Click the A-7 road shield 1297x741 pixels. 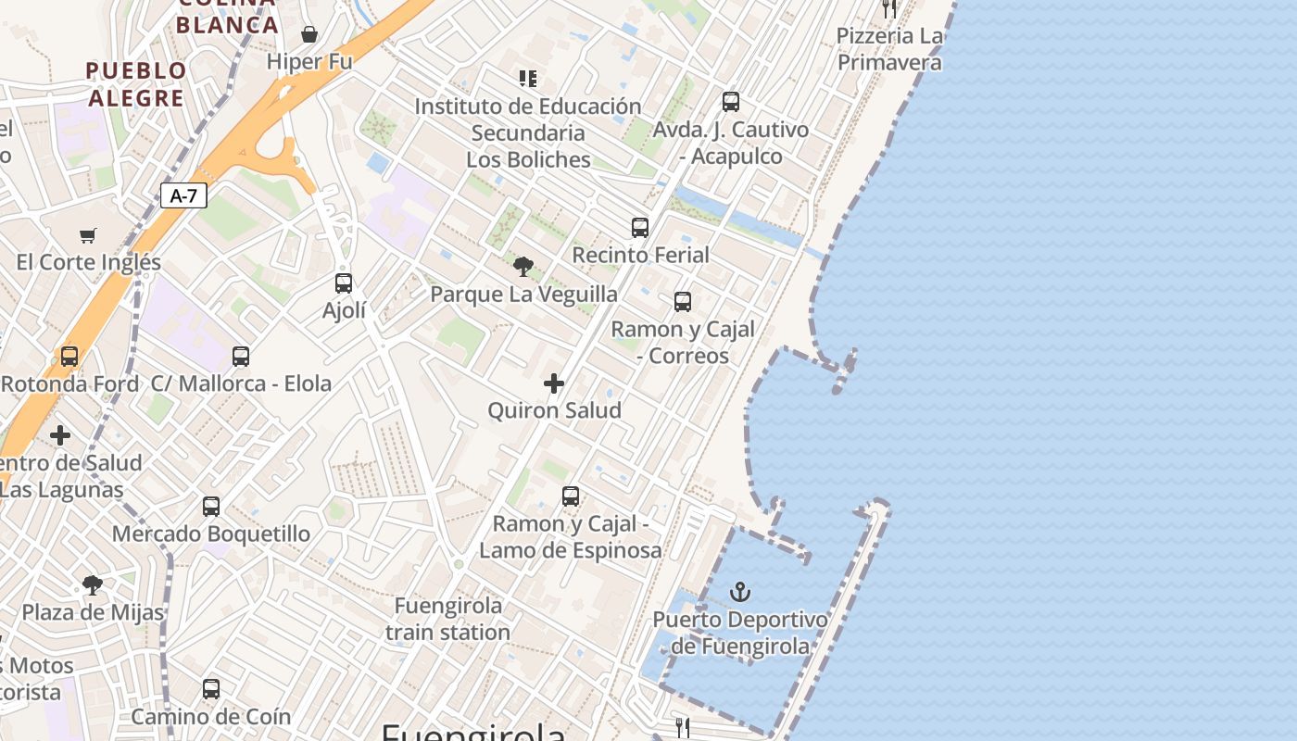point(183,195)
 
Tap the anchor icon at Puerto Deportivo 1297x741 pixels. point(739,592)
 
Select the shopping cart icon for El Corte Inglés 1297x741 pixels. point(88,235)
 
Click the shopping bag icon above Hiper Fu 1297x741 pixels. point(309,35)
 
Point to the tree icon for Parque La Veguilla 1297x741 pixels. point(523,267)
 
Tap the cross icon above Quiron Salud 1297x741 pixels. point(554,383)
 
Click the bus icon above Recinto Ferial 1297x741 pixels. point(640,227)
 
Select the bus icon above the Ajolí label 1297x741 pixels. point(344,283)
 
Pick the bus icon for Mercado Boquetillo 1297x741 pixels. point(211,507)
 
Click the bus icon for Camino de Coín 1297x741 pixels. point(211,689)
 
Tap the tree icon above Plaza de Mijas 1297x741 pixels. point(92,585)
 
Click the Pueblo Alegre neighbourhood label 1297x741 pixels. point(136,84)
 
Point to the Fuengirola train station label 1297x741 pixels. point(448,619)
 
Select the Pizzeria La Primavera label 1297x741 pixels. point(889,49)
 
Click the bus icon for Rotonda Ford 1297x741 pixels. point(69,357)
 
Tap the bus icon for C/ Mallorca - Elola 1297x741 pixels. point(241,357)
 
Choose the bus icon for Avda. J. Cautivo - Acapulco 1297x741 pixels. point(731,102)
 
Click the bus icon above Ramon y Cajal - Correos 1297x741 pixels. point(683,302)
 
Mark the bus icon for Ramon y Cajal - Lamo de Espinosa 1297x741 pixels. point(571,496)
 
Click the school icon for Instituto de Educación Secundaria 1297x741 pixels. point(528,79)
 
